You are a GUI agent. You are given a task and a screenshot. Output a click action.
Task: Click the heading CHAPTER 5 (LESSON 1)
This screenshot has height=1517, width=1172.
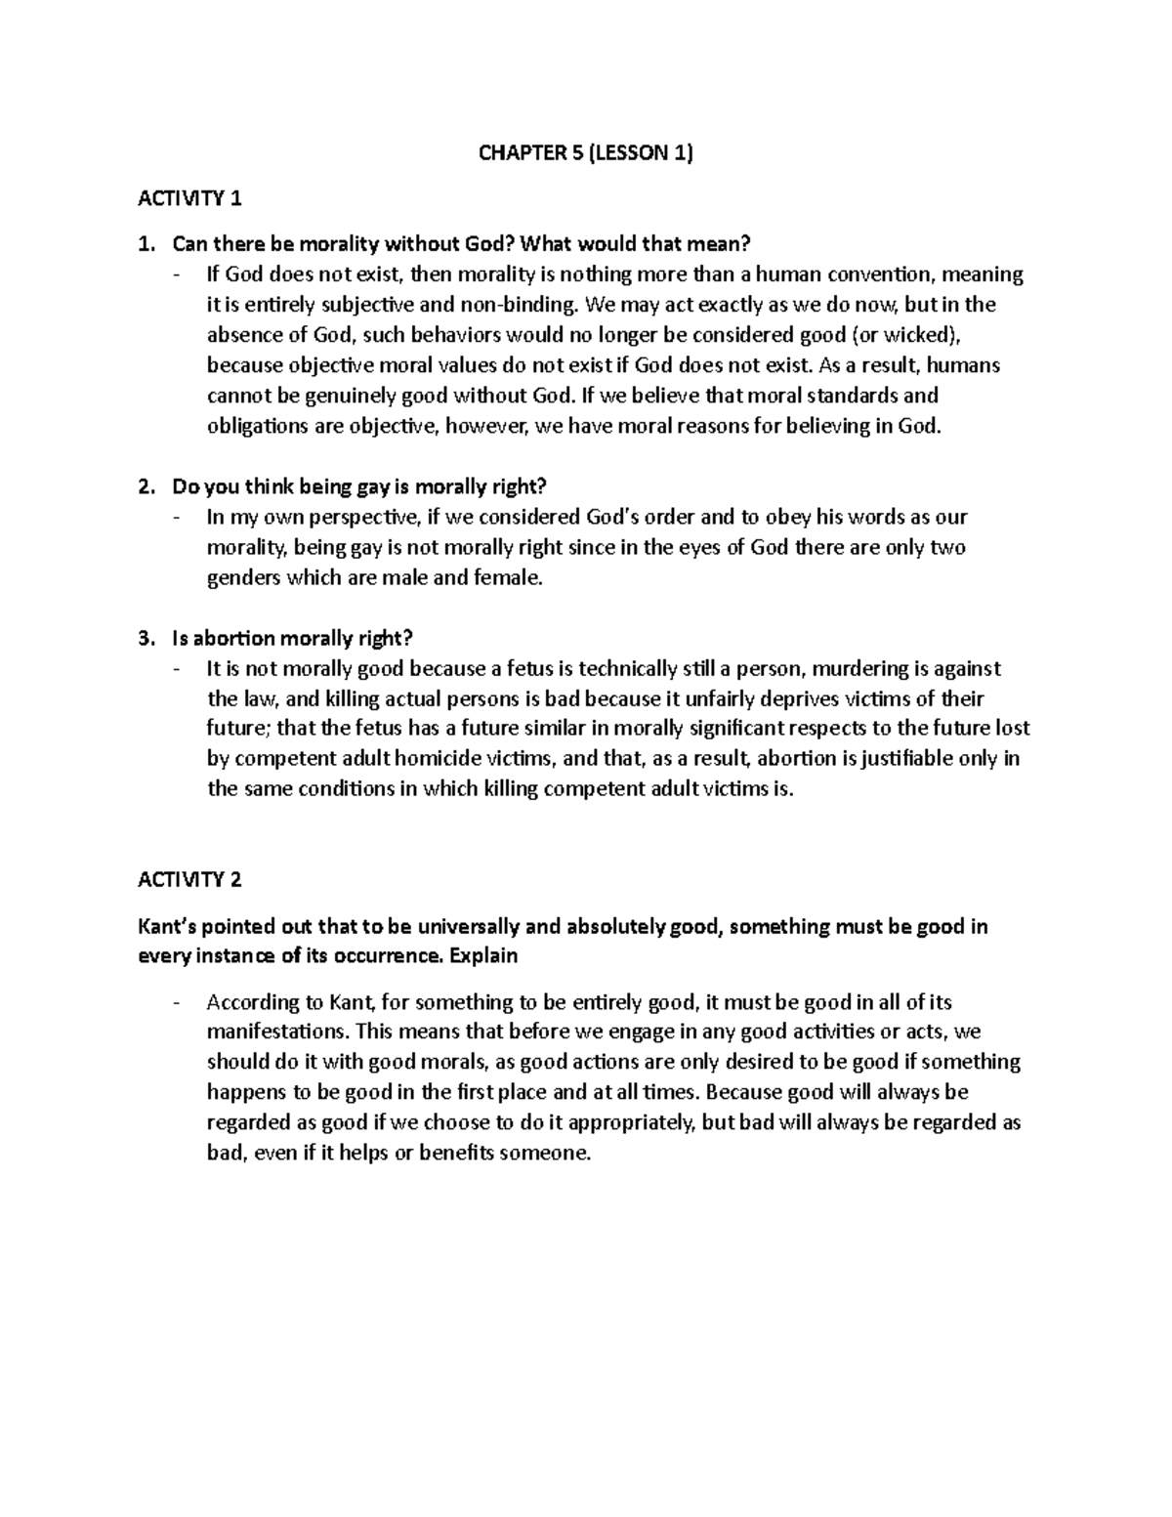(585, 152)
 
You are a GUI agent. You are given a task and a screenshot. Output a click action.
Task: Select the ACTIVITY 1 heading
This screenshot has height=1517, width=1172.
(190, 198)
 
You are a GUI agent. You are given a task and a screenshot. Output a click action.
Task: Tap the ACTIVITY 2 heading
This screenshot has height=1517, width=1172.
(190, 879)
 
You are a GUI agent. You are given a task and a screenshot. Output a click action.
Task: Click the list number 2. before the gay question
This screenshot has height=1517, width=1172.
(146, 486)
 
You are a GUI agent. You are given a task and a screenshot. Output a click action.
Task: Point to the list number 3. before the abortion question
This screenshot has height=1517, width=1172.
(146, 638)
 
